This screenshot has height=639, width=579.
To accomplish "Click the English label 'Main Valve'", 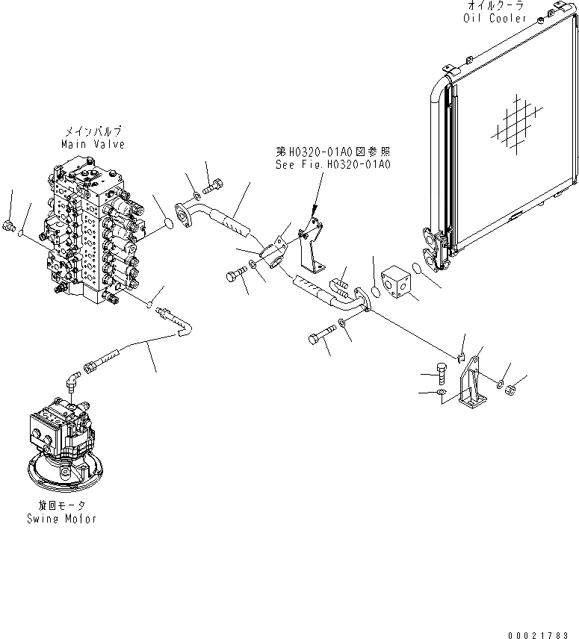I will (x=93, y=144).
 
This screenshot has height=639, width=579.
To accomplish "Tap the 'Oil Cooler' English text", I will (x=496, y=18).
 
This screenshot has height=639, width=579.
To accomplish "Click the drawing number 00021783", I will (x=536, y=634).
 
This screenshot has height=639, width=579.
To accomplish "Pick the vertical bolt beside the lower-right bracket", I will (x=441, y=373).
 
